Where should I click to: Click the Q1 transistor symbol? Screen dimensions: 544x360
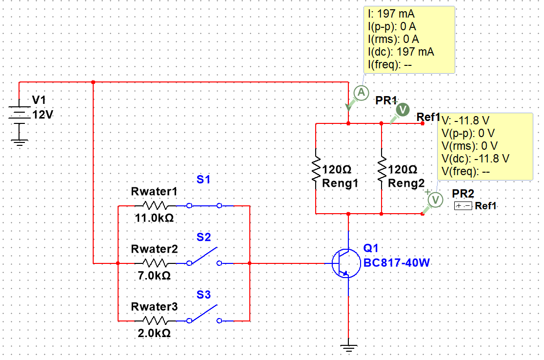(x=346, y=263)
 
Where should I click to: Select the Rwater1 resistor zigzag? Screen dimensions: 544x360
(x=155, y=206)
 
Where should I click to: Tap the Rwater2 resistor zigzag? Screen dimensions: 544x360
(x=155, y=263)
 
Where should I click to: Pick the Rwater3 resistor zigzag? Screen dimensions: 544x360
(x=155, y=321)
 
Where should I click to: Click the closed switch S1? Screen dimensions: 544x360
(x=204, y=206)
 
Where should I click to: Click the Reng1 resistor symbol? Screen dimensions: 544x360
(x=316, y=169)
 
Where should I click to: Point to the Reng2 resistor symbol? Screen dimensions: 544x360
(x=382, y=169)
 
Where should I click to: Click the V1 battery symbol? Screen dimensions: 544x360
(x=19, y=112)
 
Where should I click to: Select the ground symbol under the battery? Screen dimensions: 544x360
(x=19, y=142)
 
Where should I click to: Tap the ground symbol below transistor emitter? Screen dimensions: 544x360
(x=348, y=348)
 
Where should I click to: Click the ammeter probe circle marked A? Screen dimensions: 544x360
(x=361, y=93)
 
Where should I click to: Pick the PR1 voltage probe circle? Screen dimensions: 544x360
(x=403, y=110)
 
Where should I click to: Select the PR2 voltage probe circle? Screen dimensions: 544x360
(x=435, y=200)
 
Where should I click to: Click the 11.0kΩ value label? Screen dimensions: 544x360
(x=154, y=218)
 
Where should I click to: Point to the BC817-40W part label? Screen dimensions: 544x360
(x=396, y=263)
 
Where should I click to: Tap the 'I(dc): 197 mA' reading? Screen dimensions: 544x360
(x=401, y=52)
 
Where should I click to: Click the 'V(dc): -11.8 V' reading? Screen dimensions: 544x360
(x=475, y=159)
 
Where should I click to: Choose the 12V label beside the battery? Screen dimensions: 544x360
(x=42, y=115)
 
